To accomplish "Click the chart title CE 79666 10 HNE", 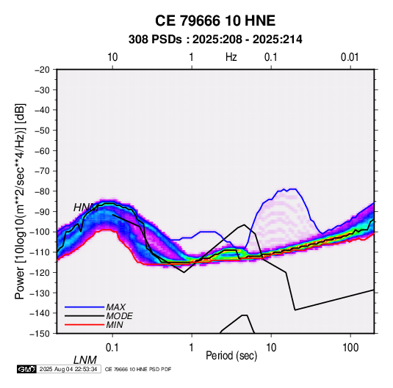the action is click(215, 21).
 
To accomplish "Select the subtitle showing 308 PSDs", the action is click(215, 40).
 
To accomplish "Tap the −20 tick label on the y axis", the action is click(42, 70).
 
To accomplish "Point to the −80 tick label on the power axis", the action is click(42, 191).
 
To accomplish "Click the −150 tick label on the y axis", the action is click(40, 334).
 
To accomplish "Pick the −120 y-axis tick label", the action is click(40, 272).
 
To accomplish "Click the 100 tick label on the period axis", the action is click(350, 347).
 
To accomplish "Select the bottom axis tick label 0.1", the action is click(112, 347).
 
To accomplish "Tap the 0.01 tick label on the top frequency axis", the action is click(350, 57).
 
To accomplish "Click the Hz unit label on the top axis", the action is click(231, 57).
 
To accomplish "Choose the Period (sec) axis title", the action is click(231, 356).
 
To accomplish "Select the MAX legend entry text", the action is click(116, 307).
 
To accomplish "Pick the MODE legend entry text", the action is click(119, 316).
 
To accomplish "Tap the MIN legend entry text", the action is click(115, 325).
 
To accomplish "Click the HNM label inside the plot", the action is click(86, 208).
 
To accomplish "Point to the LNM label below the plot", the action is click(84, 360).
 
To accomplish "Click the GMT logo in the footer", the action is click(26, 369).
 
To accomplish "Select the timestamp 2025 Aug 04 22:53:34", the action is click(68, 369).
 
